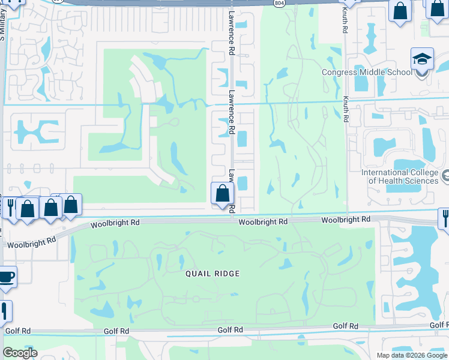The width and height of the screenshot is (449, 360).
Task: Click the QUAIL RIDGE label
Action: pyautogui.click(x=212, y=274)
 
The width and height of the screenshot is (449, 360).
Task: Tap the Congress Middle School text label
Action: pyautogui.click(x=367, y=73)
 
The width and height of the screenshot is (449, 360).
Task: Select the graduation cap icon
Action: pyautogui.click(x=422, y=59)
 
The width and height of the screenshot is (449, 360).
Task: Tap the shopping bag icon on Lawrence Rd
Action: pyautogui.click(x=223, y=194)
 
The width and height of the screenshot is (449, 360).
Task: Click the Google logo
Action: pyautogui.click(x=20, y=353)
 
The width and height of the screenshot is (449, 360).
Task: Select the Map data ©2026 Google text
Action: pyautogui.click(x=411, y=355)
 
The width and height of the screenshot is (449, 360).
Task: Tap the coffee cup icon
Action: pyautogui.click(x=6, y=277)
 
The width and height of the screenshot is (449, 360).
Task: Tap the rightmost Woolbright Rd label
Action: pyautogui.click(x=345, y=220)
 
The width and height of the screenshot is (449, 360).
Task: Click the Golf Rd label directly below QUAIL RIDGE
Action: pyautogui.click(x=231, y=330)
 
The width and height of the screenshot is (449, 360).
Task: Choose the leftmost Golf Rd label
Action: pyautogui.click(x=17, y=331)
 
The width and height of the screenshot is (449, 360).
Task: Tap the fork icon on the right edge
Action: pyautogui.click(x=444, y=218)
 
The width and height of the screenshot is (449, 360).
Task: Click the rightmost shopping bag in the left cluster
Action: pyautogui.click(x=71, y=205)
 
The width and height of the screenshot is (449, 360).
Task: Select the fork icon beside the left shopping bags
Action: pyautogui.click(x=10, y=208)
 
